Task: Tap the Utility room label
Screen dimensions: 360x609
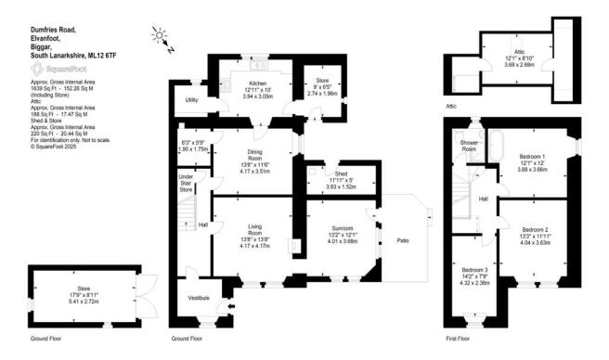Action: (192, 99)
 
